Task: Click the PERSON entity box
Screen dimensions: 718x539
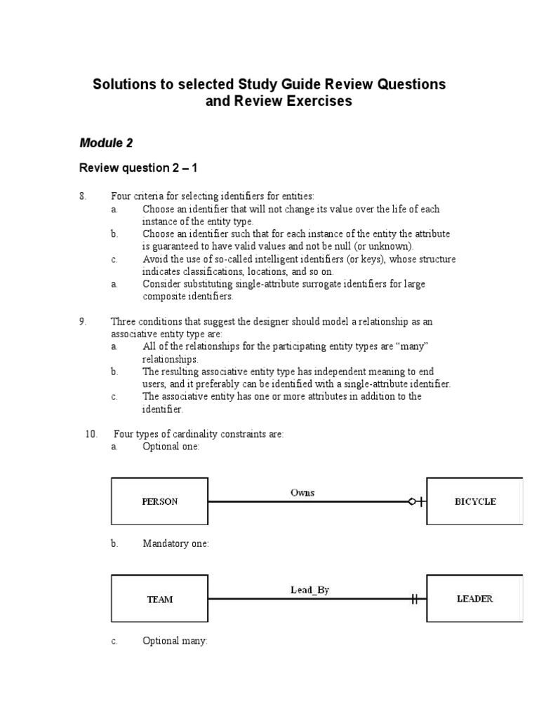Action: click(159, 501)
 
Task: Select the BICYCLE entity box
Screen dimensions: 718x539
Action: click(474, 501)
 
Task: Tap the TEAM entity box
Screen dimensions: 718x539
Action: click(159, 600)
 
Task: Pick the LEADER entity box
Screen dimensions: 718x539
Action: click(474, 599)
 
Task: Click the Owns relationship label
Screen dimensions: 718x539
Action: click(302, 492)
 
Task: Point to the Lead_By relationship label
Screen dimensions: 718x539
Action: click(310, 590)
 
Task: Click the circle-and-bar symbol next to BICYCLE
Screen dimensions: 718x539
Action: click(416, 501)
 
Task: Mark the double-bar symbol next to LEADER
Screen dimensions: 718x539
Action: click(415, 600)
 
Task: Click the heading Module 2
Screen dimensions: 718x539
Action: click(106, 143)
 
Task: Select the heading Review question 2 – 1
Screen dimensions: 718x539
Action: click(138, 168)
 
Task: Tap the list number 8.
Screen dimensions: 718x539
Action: click(83, 196)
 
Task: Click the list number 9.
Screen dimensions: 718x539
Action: click(83, 321)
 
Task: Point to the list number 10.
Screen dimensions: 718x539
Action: click(91, 434)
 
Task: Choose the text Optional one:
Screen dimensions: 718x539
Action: click(171, 446)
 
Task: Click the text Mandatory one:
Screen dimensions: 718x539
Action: click(175, 543)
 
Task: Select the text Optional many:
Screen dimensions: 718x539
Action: click(175, 640)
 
